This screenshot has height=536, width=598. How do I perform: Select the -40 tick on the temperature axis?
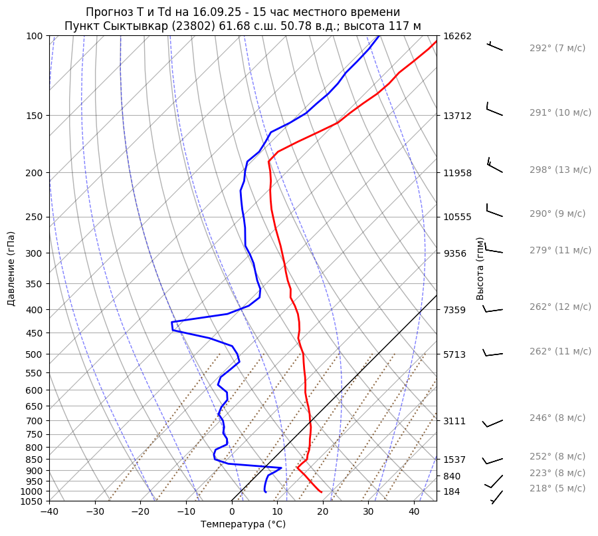(49, 512)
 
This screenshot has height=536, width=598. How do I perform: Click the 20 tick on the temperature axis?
(323, 512)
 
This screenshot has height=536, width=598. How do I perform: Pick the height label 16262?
(457, 36)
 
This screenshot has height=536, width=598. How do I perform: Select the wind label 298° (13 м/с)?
(560, 170)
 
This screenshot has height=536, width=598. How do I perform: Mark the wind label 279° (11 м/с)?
(560, 250)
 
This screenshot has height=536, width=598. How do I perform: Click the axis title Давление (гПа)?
(11, 269)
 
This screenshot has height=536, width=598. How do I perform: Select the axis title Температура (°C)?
(243, 525)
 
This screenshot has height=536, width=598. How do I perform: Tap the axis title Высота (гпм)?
(480, 269)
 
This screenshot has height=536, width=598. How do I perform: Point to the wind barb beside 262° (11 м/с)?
(492, 353)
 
